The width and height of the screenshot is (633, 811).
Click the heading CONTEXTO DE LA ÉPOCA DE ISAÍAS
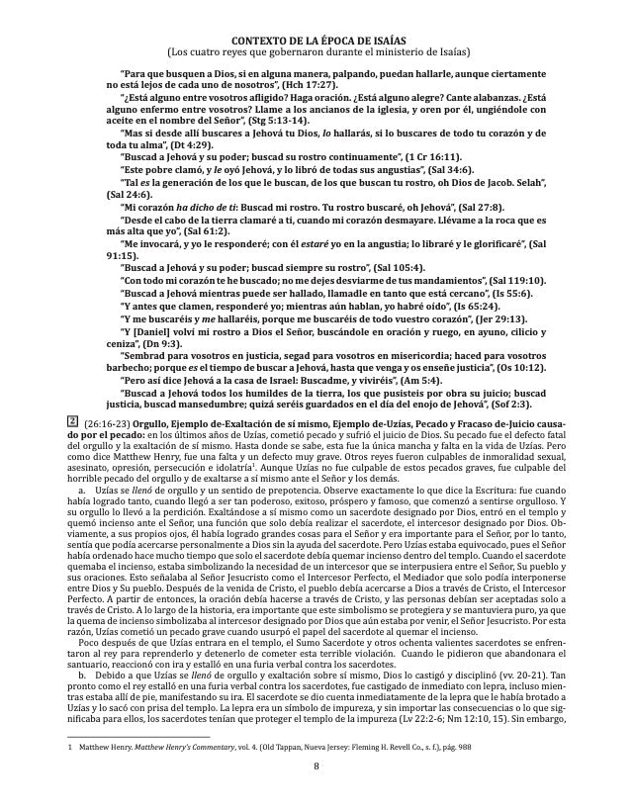point(316,38)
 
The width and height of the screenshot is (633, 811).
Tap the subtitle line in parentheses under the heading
point(316,51)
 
